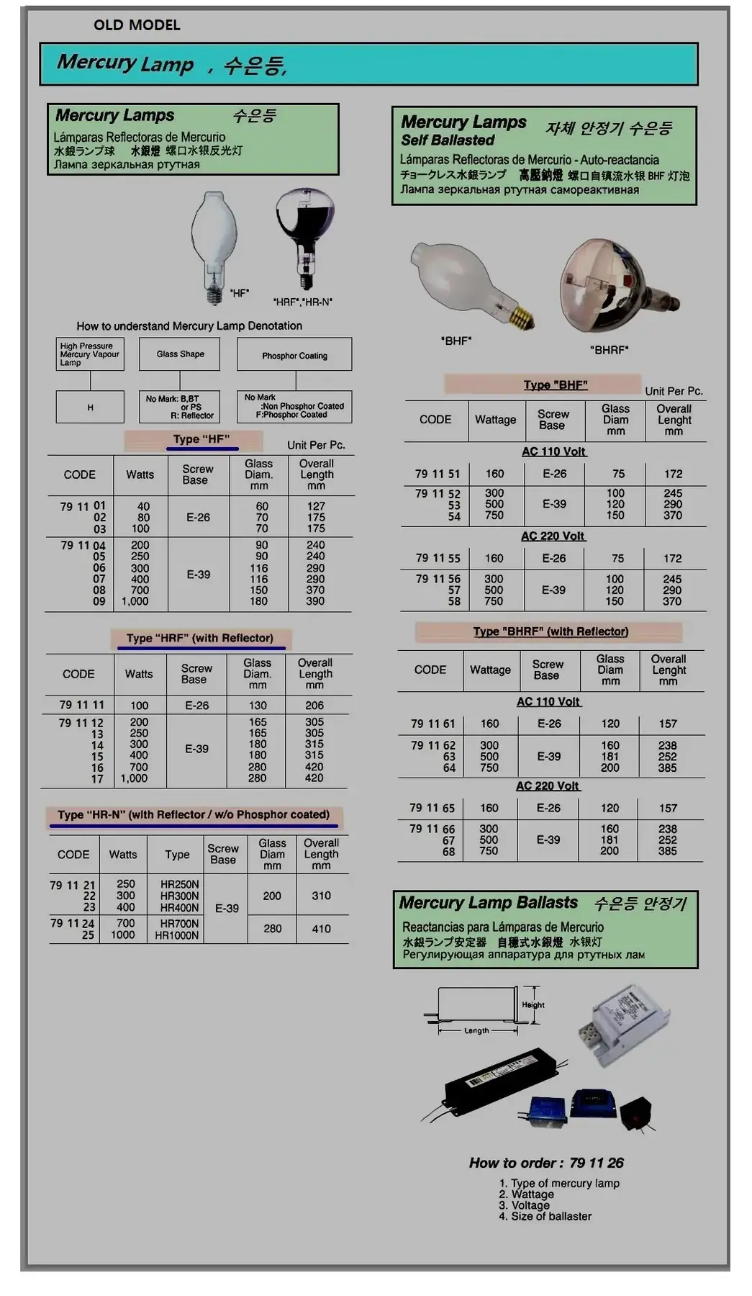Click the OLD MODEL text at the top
(137, 25)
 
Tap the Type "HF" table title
(201, 439)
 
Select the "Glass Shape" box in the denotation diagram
(180, 354)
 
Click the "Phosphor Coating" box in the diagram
(294, 356)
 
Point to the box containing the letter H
(90, 408)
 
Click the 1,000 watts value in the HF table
(135, 601)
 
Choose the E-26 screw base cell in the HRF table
(196, 706)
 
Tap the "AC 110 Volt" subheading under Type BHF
(553, 452)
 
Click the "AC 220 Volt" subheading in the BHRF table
(547, 786)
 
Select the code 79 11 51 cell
(437, 474)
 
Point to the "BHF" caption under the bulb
(456, 341)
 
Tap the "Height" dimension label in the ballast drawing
(533, 1005)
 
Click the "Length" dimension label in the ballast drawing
(476, 1031)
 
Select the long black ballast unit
(504, 1080)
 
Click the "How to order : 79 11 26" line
(546, 1163)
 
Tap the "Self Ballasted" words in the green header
(448, 140)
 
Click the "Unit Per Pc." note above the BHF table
(674, 391)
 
